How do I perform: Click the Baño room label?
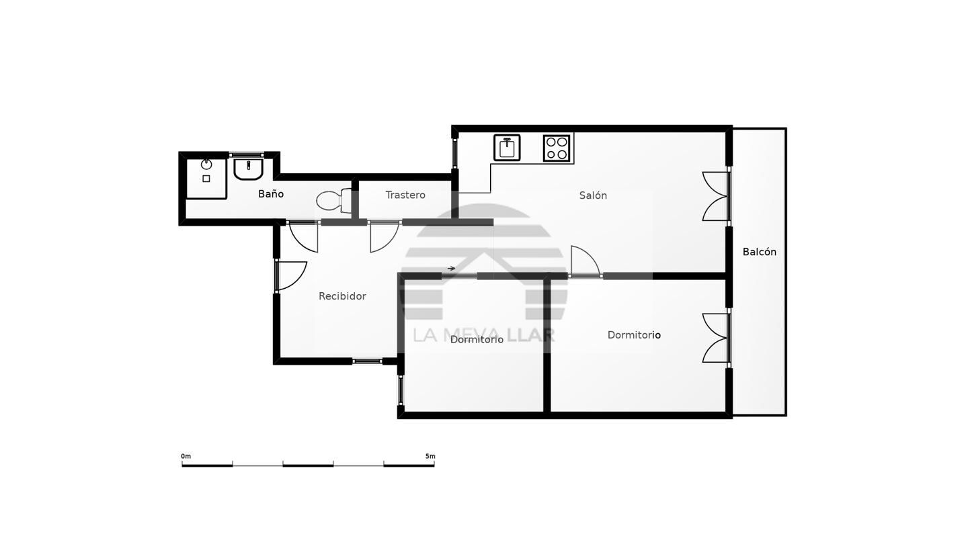point(271,194)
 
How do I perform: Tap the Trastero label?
point(405,195)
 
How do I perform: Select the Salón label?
point(593,195)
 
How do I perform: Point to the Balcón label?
point(760,252)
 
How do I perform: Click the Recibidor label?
point(342,296)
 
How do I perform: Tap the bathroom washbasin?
point(249,169)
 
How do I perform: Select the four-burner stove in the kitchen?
point(557,148)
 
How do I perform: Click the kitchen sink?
point(507,148)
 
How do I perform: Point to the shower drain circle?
point(206,164)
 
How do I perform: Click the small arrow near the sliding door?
point(451,268)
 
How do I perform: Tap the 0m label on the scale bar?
point(186,457)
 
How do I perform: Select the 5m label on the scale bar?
point(430,457)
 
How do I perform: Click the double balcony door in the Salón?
point(716,196)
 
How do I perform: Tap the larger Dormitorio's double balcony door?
point(716,338)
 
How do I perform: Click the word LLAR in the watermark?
point(530,335)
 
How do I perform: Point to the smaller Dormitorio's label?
point(477,340)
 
